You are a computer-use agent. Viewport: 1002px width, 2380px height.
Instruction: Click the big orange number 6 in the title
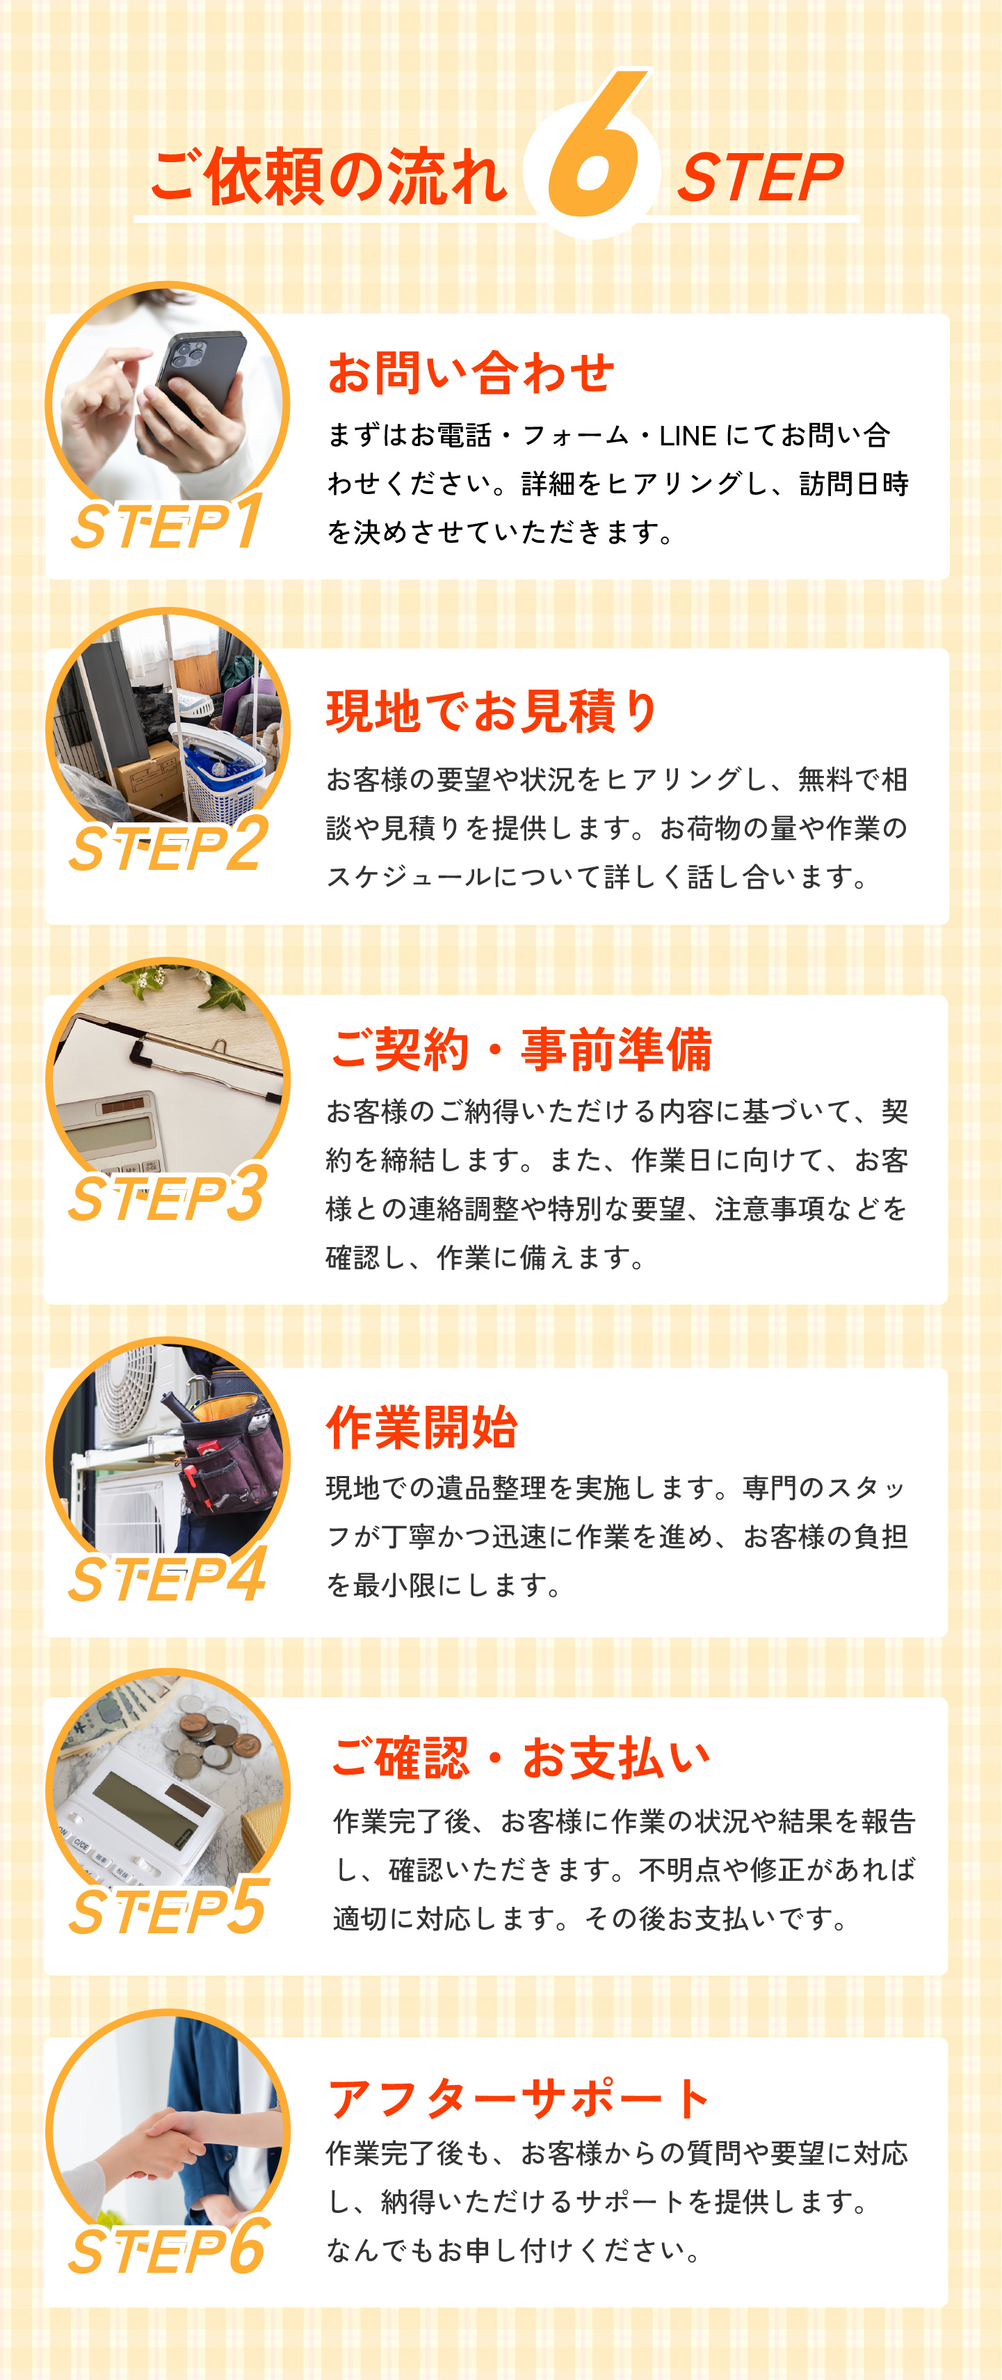(x=596, y=148)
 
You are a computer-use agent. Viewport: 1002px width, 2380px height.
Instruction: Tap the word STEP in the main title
(x=760, y=177)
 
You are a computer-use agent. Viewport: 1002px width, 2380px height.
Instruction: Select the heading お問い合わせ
(x=471, y=372)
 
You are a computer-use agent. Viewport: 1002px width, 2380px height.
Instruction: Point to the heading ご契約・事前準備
(x=521, y=1049)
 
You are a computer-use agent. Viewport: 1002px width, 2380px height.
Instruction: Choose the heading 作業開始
(x=422, y=1427)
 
